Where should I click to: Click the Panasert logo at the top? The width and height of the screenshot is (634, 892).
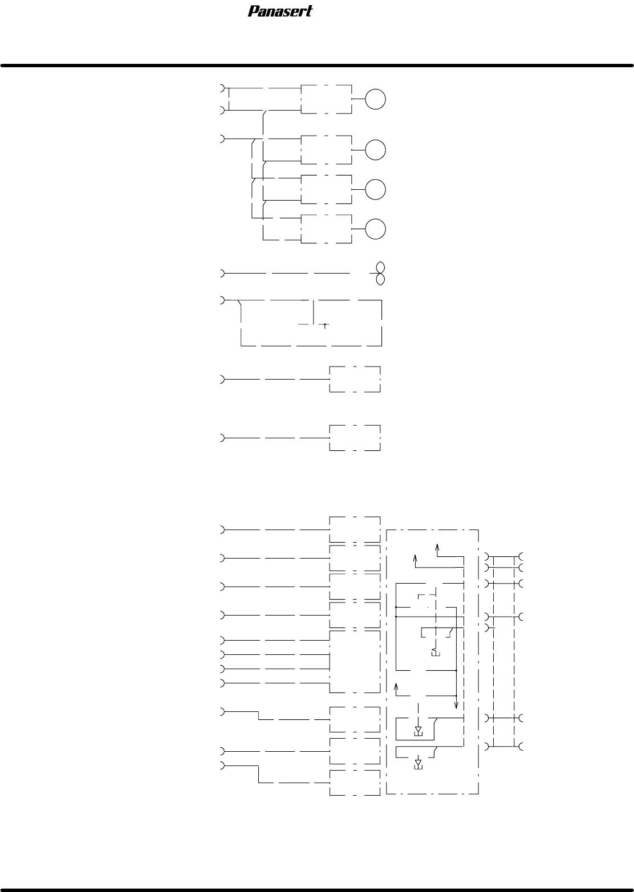[281, 11]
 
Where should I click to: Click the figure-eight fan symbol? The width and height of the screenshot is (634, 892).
[380, 273]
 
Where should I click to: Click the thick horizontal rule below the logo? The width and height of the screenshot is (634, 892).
[317, 66]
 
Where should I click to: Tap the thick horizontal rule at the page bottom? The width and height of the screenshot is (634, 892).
[317, 890]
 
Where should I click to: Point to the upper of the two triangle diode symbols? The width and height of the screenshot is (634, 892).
[418, 730]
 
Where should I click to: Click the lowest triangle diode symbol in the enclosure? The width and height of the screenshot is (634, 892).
[418, 763]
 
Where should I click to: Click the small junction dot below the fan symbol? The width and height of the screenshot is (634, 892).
[324, 324]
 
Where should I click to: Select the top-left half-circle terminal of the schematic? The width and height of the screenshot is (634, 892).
[222, 88]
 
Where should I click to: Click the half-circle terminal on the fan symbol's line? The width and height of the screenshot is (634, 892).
[222, 273]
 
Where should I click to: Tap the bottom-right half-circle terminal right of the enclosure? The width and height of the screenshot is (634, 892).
[521, 746]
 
